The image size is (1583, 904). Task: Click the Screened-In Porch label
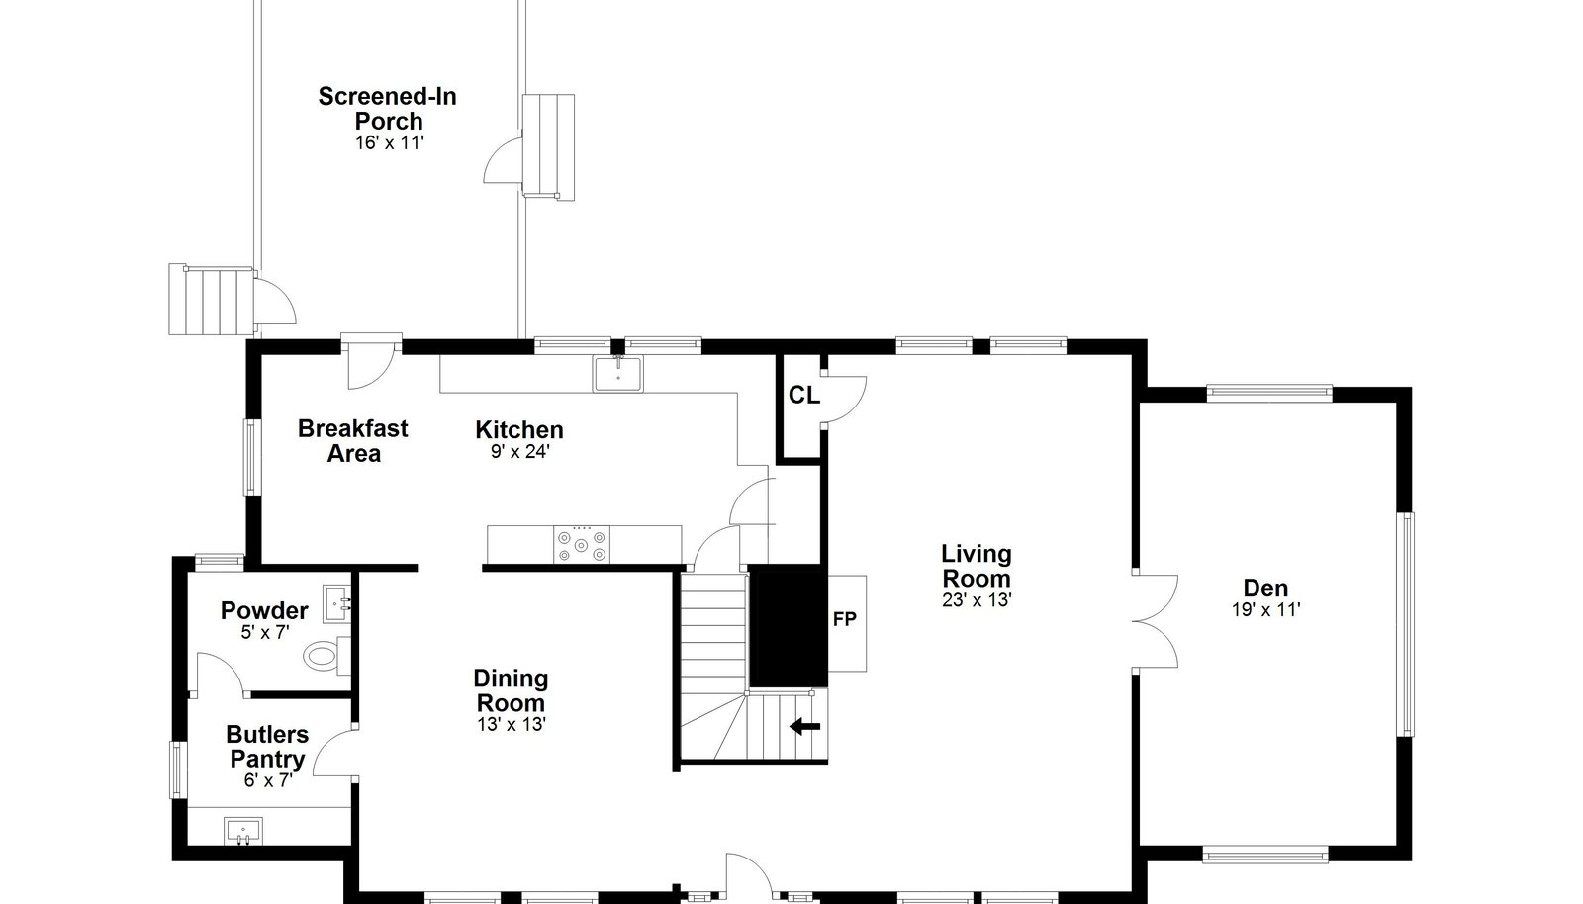pos(387,108)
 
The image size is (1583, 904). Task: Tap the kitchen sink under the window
pos(617,374)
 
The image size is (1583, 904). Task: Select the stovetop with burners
pos(582,545)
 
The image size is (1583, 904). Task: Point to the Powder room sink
pos(337,603)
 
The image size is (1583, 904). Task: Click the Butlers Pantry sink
pos(243,831)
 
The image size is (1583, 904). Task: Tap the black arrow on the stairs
pos(805,726)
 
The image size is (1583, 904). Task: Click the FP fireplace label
pos(845,619)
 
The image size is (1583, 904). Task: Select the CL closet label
pos(804,396)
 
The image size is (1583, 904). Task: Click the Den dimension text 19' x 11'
pos(1265,609)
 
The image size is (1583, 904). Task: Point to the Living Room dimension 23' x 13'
pos(977,600)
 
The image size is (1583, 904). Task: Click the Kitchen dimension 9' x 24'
pos(520,451)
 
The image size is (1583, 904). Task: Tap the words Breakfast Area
pos(352,441)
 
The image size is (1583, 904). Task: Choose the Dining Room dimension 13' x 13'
pos(511,725)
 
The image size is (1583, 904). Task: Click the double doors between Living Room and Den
pos(1155,621)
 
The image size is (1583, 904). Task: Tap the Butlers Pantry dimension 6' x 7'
pos(268,780)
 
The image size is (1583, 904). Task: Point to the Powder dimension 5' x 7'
pos(265,632)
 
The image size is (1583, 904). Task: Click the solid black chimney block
pos(788,626)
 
